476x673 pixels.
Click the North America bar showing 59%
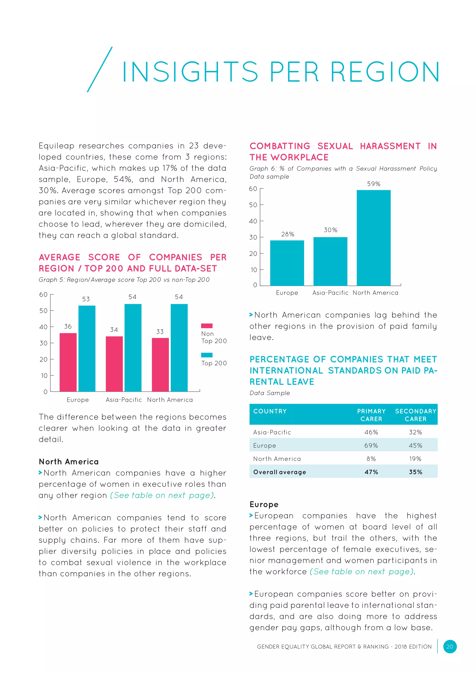click(x=374, y=238)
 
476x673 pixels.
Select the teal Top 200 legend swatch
click(x=207, y=355)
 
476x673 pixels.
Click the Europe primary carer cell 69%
click(x=371, y=445)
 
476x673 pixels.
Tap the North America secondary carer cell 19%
click(x=415, y=459)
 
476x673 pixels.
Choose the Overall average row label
click(x=279, y=472)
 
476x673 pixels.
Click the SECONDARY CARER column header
click(x=415, y=415)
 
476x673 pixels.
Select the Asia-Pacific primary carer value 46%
click(x=371, y=432)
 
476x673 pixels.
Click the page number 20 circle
click(x=450, y=646)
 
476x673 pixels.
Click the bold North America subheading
click(x=69, y=462)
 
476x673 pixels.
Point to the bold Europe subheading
click(x=264, y=505)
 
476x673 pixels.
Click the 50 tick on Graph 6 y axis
click(x=253, y=205)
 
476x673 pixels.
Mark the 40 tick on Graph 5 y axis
click(x=43, y=327)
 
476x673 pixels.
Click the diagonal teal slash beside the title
click(x=100, y=69)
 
